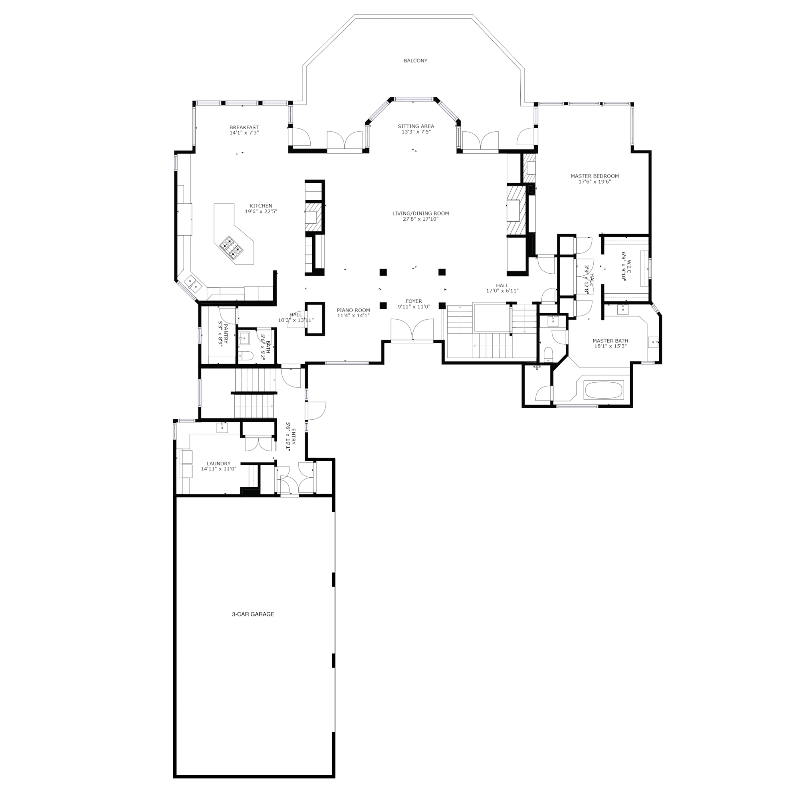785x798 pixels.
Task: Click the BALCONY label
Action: [415, 61]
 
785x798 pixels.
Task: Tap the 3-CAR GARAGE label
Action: [253, 614]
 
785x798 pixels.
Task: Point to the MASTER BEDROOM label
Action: [595, 176]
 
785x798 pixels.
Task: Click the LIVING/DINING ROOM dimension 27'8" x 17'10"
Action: [420, 219]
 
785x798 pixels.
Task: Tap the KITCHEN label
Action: [261, 205]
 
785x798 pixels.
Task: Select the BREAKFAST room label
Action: [244, 127]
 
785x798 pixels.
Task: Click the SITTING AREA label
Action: [416, 126]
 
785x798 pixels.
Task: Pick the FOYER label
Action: [414, 301]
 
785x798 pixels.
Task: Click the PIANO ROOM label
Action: [353, 310]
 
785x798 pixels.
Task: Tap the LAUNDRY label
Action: [218, 464]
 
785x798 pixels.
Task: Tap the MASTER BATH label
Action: [610, 341]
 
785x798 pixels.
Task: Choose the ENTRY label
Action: [293, 436]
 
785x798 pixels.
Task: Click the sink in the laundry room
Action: [222, 428]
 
